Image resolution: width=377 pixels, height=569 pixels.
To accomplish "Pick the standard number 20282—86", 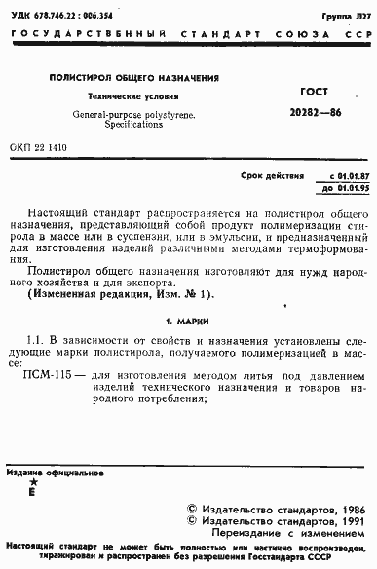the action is (309, 112).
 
